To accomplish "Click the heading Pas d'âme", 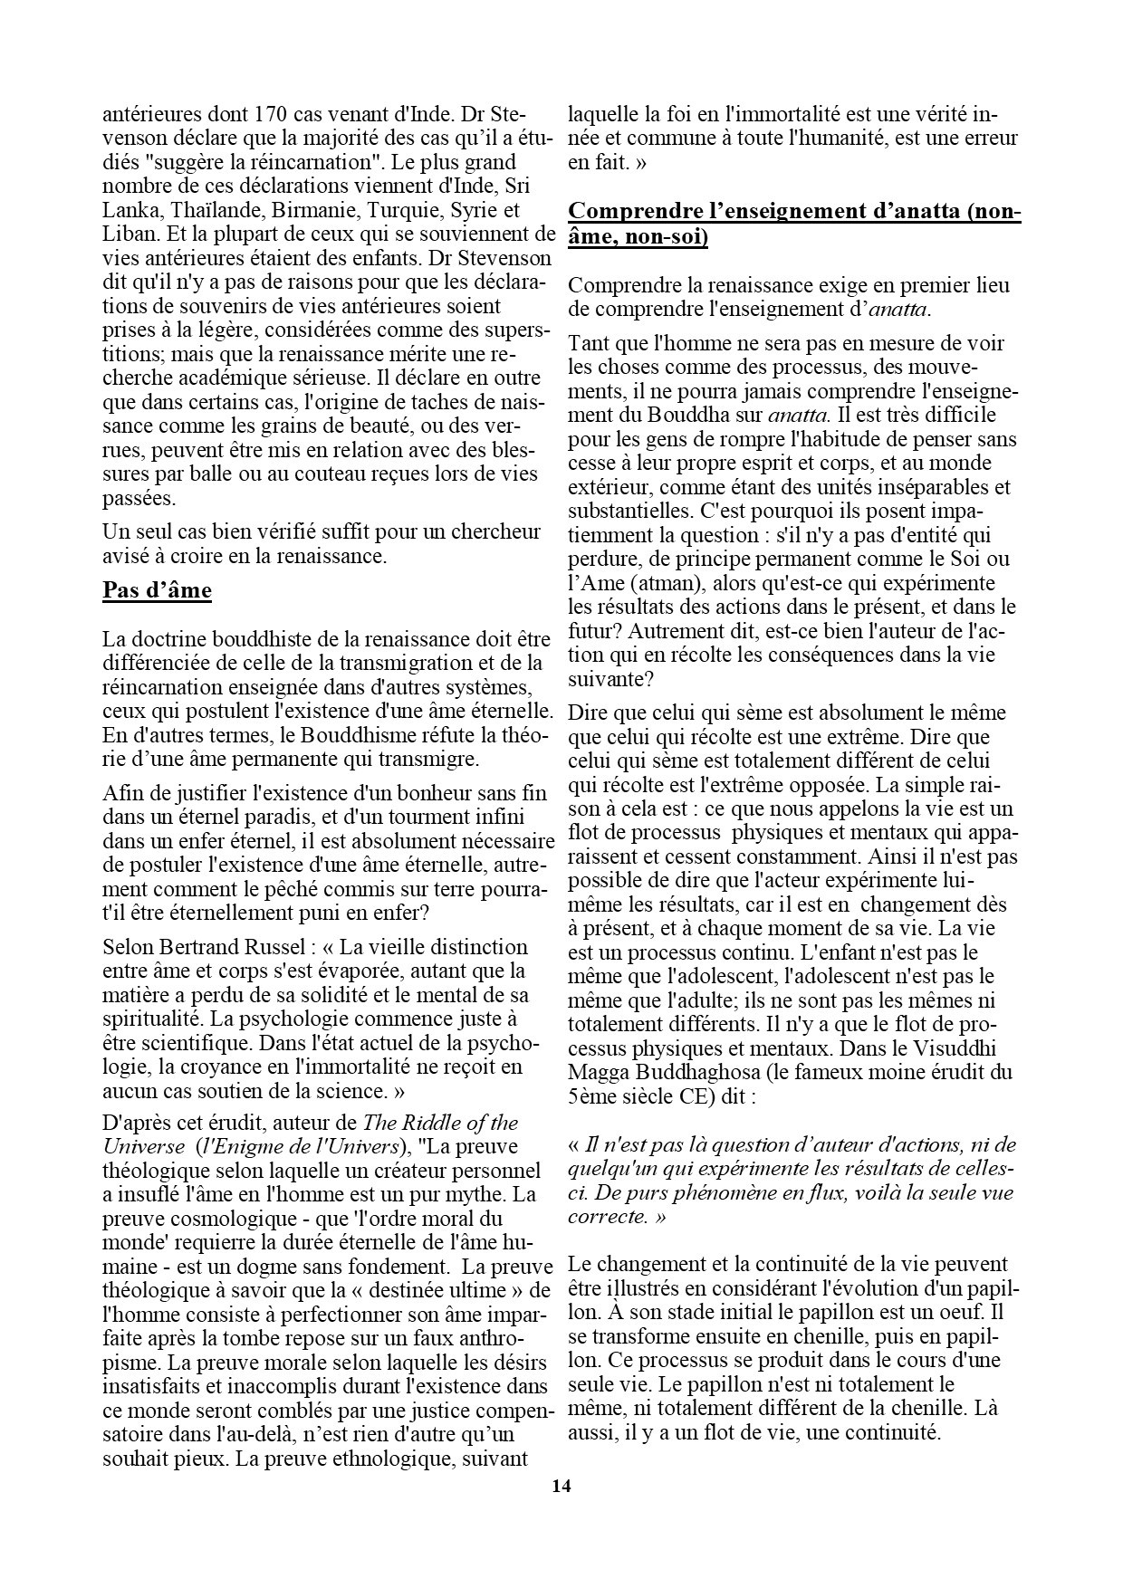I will coord(158,591).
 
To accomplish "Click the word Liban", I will coord(128,234).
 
